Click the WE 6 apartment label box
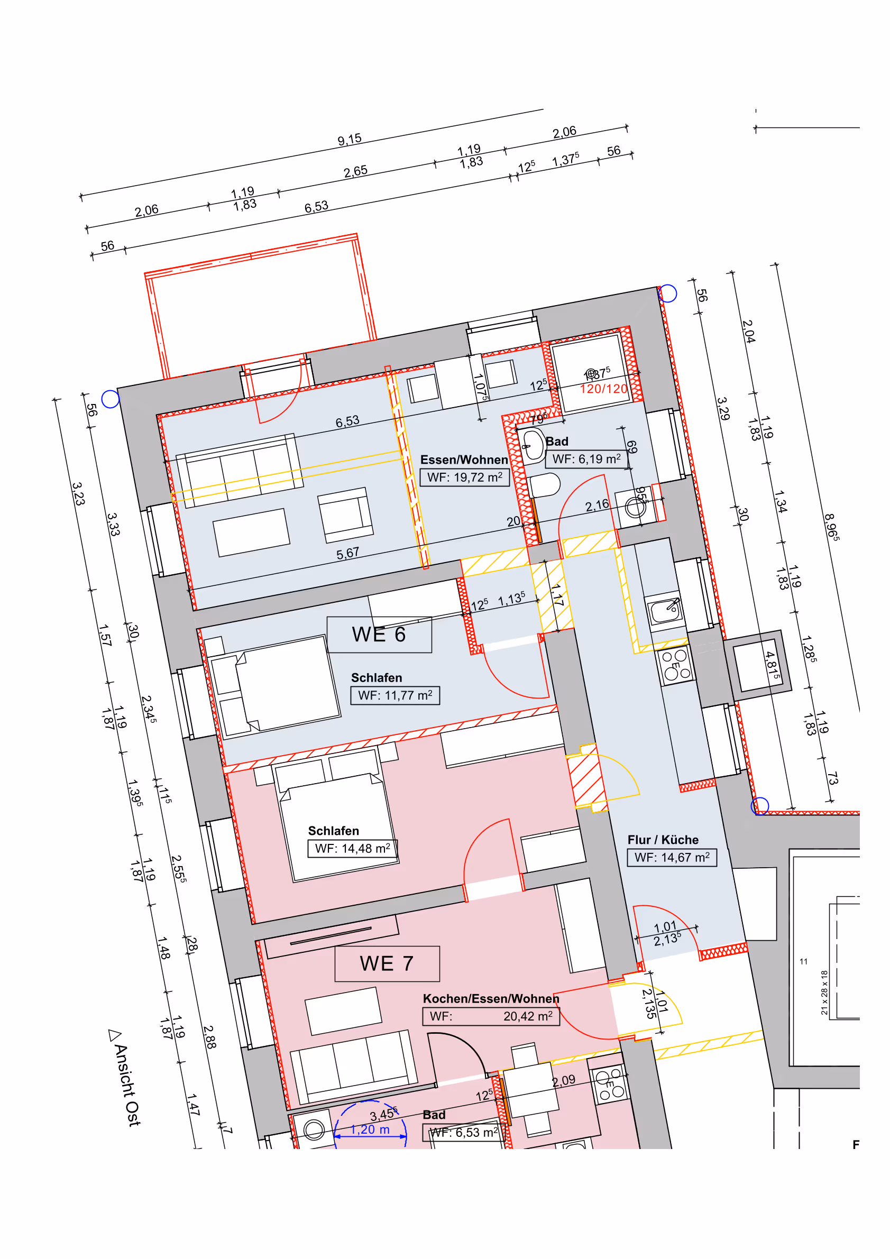379,635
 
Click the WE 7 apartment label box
387,963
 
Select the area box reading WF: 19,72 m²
464,477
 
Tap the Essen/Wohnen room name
464,460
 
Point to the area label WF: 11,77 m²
395,695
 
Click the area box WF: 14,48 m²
352,848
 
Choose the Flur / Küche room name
663,840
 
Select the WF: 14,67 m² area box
671,857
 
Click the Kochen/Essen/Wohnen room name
491,998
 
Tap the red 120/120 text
603,389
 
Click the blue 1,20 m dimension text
370,1129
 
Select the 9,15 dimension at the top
350,139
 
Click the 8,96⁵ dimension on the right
831,527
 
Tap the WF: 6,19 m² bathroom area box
586,458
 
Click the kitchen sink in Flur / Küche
665,610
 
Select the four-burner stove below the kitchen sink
675,665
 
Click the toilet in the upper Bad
544,485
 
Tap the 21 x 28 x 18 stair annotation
824,993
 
